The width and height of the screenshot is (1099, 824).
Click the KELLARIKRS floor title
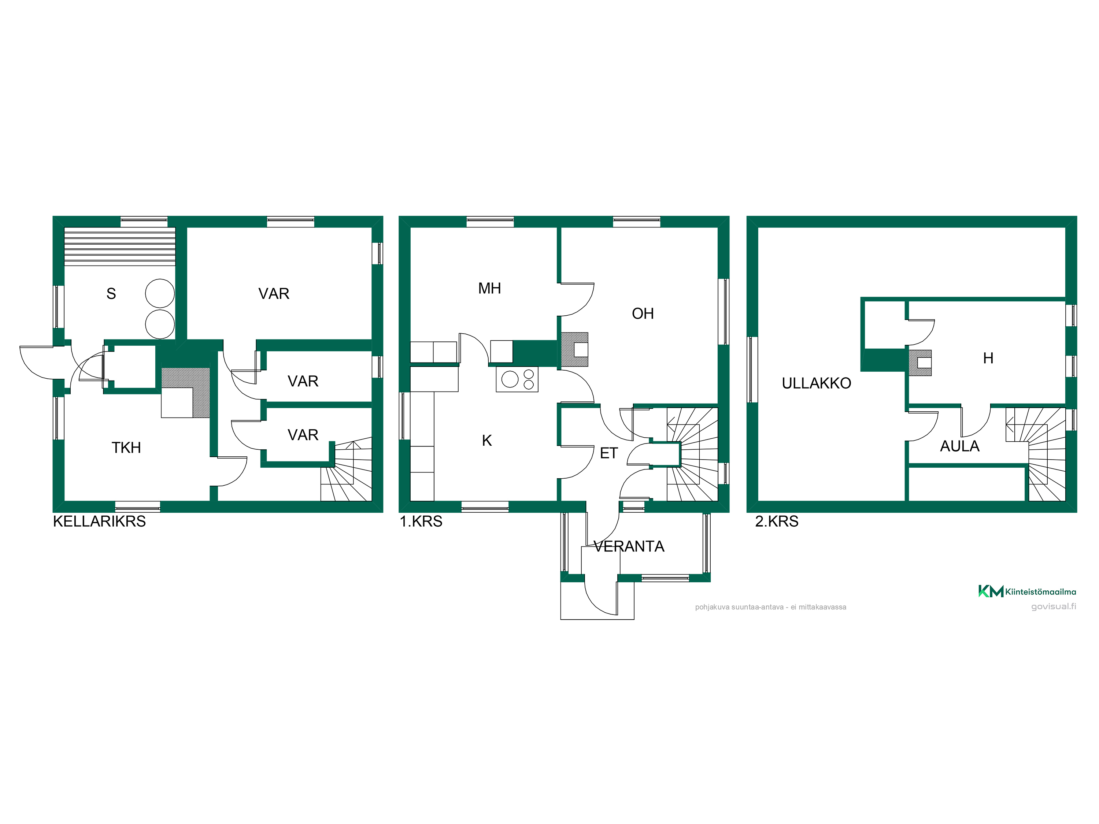pos(99,522)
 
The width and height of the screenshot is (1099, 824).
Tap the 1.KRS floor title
pos(421,522)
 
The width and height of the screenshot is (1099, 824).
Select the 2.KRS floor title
pos(777,522)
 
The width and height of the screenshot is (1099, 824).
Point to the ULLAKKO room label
pos(816,383)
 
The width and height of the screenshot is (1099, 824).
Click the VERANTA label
pos(629,546)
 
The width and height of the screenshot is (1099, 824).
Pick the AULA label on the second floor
pos(959,446)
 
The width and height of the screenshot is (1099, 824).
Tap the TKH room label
pos(126,448)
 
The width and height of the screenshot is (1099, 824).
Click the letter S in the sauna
pos(111,294)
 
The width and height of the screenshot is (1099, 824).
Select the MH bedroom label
pos(489,288)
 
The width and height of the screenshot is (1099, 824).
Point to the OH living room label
pos(643,313)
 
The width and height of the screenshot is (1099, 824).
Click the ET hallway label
pos(608,453)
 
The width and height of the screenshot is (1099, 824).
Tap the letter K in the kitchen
pos(487,441)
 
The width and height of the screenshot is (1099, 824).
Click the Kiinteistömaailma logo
pos(1027,591)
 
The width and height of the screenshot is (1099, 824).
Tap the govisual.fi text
pos(1053,606)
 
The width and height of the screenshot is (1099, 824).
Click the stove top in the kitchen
pos(517,379)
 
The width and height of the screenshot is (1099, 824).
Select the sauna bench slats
pos(120,246)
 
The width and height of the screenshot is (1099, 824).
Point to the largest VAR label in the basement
pos(274,294)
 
